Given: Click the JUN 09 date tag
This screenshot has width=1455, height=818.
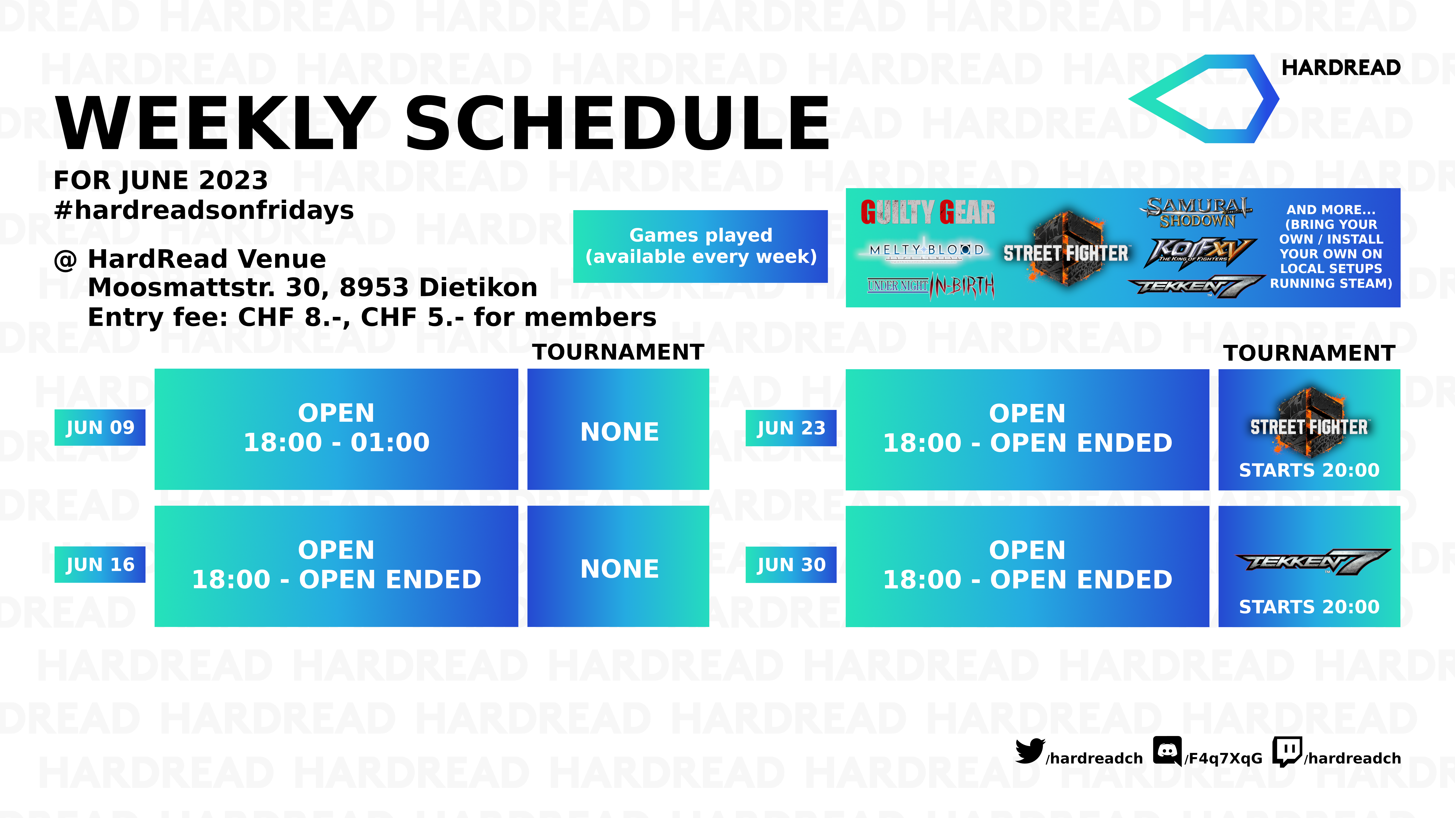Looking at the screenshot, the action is pos(100,427).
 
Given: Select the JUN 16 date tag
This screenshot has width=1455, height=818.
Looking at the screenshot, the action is pos(100,565).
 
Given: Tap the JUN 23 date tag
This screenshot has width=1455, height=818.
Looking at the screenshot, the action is pos(791,428).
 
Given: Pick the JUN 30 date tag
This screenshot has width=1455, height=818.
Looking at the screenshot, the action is pos(791,565).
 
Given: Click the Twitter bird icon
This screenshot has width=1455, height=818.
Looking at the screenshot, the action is pos(1030,751).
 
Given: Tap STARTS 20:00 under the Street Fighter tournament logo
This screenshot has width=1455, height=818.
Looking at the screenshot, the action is pos(1309,470).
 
